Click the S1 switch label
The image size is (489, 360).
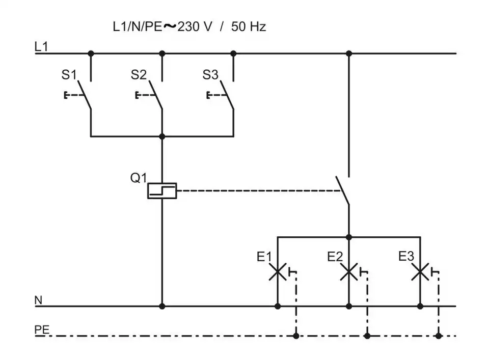pyautogui.click(x=69, y=75)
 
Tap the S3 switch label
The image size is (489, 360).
pyautogui.click(x=210, y=75)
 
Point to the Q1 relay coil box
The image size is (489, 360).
pyautogui.click(x=162, y=190)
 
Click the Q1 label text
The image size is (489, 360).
pyautogui.click(x=138, y=178)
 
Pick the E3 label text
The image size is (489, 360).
pyautogui.click(x=406, y=257)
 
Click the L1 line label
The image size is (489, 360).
pyautogui.click(x=41, y=47)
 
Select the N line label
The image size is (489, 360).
pyautogui.click(x=38, y=300)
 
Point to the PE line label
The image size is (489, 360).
pyautogui.click(x=42, y=329)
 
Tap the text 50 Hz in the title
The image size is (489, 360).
pyautogui.click(x=249, y=27)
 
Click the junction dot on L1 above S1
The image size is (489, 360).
pyautogui.click(x=91, y=53)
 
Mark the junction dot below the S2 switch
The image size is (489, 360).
pyautogui.click(x=162, y=136)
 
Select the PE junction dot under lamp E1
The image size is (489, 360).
pyautogui.click(x=296, y=336)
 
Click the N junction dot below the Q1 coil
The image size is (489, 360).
pyautogui.click(x=162, y=306)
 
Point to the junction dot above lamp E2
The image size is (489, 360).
pyautogui.click(x=349, y=237)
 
